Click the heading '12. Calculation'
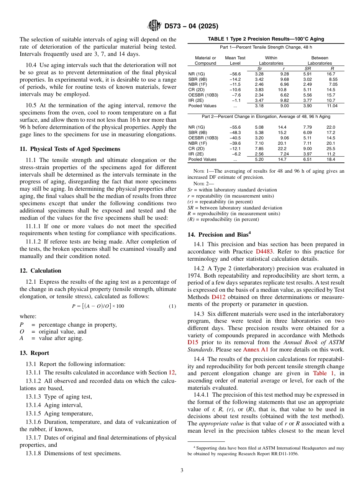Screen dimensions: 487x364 (x=40, y=271)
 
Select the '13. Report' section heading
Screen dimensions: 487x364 (x=34, y=353)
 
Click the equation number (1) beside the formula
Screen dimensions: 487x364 (x=172, y=306)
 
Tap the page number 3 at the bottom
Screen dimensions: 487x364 (x=182, y=470)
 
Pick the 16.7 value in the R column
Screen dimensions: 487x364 (x=331, y=74)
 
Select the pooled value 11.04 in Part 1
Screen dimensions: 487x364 (x=331, y=106)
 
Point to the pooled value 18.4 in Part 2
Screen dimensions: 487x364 (x=331, y=159)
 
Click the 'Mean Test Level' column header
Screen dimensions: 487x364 (x=235, y=60)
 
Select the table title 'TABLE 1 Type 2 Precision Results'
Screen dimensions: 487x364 (x=266, y=39)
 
